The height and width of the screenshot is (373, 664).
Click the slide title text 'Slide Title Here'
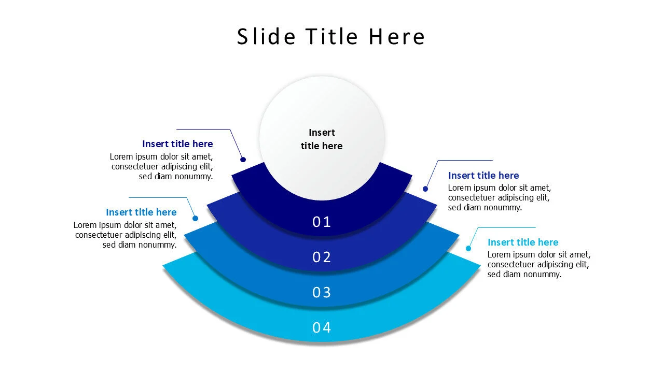tap(331, 37)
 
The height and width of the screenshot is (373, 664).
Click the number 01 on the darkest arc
tap(322, 222)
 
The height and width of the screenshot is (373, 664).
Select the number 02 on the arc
tap(322, 257)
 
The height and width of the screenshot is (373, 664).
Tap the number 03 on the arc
tap(322, 293)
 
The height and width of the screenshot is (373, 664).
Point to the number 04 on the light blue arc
tap(322, 328)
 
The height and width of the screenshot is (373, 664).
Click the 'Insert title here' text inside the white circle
tap(322, 139)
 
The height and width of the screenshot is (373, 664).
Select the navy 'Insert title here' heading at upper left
tap(177, 144)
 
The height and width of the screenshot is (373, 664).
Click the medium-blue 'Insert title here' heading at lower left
tap(141, 212)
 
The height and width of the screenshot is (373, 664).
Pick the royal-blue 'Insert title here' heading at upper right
tap(483, 176)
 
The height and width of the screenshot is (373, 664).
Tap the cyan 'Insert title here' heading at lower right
tap(523, 242)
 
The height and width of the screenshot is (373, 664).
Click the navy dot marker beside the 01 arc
tap(243, 160)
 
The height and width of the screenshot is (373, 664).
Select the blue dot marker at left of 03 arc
tap(196, 219)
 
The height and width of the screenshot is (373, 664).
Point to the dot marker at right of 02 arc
tap(425, 189)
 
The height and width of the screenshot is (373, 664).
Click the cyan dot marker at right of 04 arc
tap(468, 249)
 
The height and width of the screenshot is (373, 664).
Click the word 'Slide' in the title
tap(266, 37)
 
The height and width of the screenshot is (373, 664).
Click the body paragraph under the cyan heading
tap(538, 265)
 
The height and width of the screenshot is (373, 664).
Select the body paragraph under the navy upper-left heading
tap(161, 166)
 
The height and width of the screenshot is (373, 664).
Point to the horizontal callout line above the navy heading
tap(202, 129)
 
